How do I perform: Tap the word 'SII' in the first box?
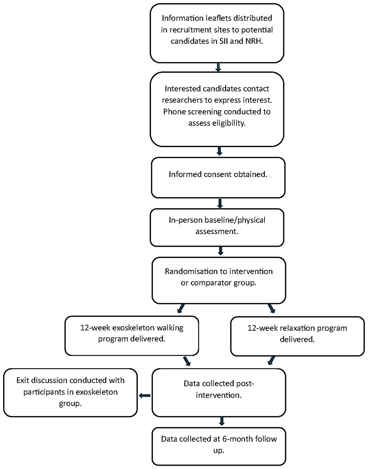(224, 41)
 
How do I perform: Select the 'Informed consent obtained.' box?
(218, 177)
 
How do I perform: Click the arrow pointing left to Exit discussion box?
(145, 395)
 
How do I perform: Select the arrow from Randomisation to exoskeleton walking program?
(181, 308)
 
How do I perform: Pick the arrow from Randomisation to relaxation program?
(272, 308)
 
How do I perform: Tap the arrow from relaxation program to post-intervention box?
(272, 360)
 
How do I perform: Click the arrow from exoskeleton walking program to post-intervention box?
(187, 361)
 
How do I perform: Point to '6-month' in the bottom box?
(237, 439)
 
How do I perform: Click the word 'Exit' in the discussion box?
(24, 380)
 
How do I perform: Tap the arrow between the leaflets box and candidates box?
(218, 67)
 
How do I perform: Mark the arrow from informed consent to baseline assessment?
(220, 203)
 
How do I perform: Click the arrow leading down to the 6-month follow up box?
(222, 421)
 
